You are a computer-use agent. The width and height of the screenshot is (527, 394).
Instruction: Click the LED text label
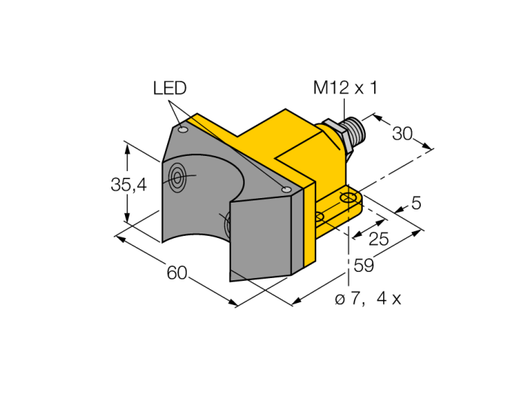point(169,88)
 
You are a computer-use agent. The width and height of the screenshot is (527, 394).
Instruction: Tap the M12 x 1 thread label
point(346,87)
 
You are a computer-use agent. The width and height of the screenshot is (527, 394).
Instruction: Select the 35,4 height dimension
point(129,185)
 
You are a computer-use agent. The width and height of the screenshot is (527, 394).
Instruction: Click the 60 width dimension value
point(177,272)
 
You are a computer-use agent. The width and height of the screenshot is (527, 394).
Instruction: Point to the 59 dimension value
point(364,265)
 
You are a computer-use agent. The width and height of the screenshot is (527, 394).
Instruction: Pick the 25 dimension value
point(379,239)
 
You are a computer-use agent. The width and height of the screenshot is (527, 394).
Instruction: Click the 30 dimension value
point(402,134)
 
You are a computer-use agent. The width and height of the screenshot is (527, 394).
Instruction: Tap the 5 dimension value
point(416,203)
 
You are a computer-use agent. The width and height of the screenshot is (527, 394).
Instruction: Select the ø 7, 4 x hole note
point(368,298)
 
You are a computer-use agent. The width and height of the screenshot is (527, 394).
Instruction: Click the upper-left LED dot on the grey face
point(183,130)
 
